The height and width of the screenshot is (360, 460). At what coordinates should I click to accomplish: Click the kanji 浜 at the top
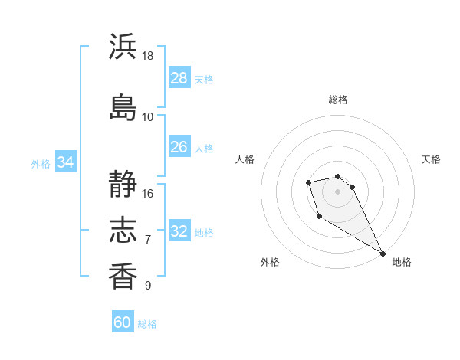pos(123,47)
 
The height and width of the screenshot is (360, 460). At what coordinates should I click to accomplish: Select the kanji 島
pos(123,106)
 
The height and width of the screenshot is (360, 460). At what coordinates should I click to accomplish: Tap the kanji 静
pos(123,184)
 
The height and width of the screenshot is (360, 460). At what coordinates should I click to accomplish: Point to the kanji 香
pos(123,276)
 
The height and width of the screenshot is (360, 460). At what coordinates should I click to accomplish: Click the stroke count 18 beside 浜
pos(148,56)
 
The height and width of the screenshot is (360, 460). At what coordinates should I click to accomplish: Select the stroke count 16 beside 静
pos(148,193)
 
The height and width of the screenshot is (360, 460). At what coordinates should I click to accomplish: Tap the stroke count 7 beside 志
pos(148,240)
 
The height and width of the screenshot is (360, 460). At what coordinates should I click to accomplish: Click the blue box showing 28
pos(179,77)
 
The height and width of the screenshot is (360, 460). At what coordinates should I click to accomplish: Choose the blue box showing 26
pos(179,147)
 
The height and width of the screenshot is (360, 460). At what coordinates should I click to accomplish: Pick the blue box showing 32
pos(179,231)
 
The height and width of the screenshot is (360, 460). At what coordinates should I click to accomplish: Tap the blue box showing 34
pos(65,162)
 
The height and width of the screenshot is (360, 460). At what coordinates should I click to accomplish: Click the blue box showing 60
pos(123,322)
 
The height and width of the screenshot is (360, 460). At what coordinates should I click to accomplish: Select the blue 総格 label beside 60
pos(147,324)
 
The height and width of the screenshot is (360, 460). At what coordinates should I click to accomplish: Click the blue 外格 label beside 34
pos(41,163)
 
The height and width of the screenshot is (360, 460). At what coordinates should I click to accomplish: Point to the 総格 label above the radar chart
pos(338,100)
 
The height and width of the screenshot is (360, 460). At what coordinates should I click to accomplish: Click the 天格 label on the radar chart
pos(432,159)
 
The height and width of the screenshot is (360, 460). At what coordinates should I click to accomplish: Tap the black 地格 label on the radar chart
pos(402,262)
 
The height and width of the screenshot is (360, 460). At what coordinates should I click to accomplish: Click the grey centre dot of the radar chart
pos(337,191)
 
